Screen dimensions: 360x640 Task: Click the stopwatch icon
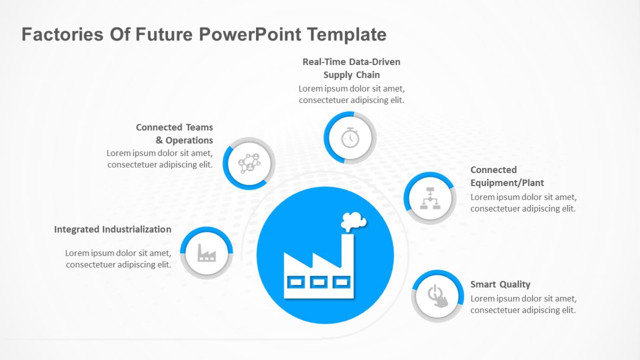point(350,138)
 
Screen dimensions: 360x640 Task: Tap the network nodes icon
point(249,163)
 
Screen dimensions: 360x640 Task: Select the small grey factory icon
point(206,253)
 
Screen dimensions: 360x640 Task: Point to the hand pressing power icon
point(438,296)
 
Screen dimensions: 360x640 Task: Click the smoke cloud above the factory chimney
point(353,220)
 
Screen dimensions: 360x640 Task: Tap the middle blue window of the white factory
point(318,281)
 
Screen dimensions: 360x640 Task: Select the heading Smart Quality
point(500,284)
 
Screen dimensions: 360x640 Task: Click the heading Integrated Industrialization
point(113,229)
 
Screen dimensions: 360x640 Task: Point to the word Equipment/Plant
point(507,183)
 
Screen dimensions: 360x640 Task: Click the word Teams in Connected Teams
point(200,127)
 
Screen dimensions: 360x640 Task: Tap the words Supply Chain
point(351,75)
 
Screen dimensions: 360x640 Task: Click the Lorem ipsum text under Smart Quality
point(523,304)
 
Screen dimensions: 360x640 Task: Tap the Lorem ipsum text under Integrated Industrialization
point(118,259)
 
